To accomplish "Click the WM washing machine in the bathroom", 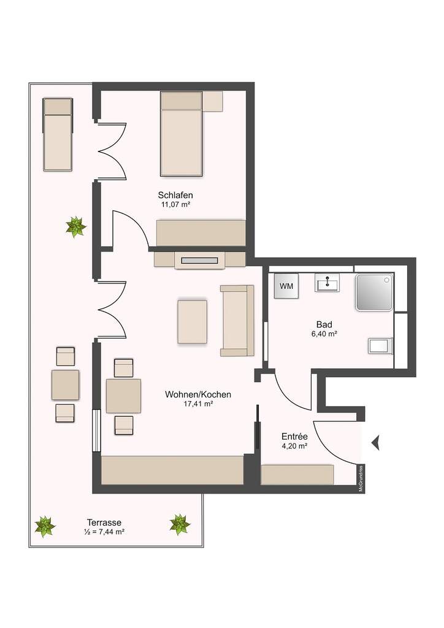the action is click(x=286, y=286).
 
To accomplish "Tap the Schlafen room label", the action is click(x=175, y=196).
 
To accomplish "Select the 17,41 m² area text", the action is click(x=198, y=404).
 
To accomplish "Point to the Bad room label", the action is click(x=324, y=324).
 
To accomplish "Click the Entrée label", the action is click(x=294, y=437).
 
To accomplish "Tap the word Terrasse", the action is click(x=104, y=523).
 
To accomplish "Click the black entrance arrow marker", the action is click(x=375, y=443).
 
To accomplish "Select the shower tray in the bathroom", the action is click(x=374, y=293).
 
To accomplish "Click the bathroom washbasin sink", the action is click(x=327, y=283).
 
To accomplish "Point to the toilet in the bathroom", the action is click(x=380, y=346).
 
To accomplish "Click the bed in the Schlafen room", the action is click(x=181, y=134).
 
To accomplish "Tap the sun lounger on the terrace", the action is click(x=58, y=134).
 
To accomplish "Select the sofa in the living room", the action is click(x=237, y=320).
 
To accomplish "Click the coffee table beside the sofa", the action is click(x=193, y=322).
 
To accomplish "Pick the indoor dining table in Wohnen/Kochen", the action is click(x=123, y=396).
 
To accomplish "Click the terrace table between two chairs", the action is click(x=65, y=385).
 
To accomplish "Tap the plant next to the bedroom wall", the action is click(x=75, y=227).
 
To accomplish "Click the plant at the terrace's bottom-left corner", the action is click(x=45, y=526).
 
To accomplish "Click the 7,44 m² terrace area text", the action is click(x=104, y=532).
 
